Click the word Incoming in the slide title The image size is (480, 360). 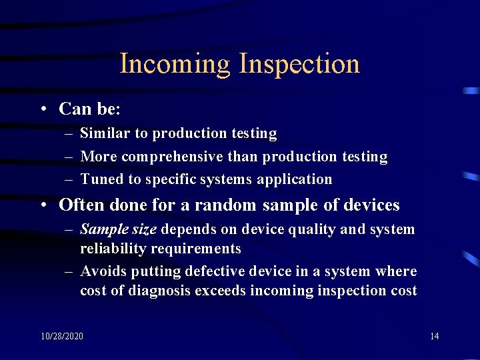pyautogui.click(x=175, y=65)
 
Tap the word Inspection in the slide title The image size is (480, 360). pyautogui.click(x=299, y=65)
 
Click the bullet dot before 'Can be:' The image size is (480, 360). pyautogui.click(x=42, y=109)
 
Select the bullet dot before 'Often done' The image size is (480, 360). pyautogui.click(x=42, y=205)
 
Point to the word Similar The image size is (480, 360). pyautogui.click(x=105, y=133)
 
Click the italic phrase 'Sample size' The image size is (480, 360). pyautogui.click(x=118, y=230)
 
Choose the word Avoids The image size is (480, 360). pyautogui.click(x=103, y=271)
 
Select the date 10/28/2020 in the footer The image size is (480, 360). pyautogui.click(x=62, y=336)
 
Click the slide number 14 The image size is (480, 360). pyautogui.click(x=434, y=336)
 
